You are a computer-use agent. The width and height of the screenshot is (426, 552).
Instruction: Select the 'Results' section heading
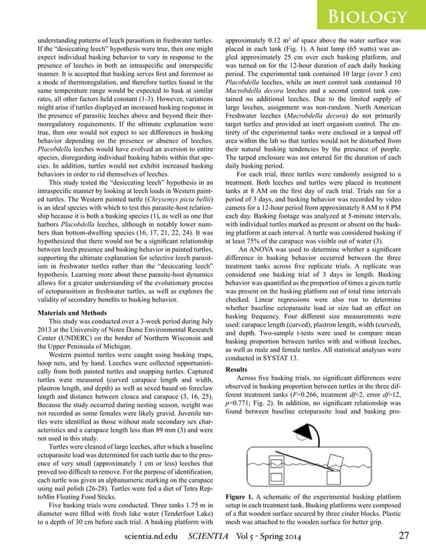coord(236,368)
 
